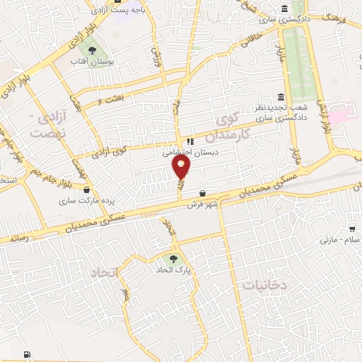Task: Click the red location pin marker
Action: click(182, 168)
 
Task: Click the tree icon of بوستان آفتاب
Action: click(91, 49)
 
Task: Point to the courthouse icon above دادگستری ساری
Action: click(284, 8)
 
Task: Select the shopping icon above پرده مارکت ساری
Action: click(87, 189)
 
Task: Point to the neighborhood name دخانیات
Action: click(265, 285)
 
